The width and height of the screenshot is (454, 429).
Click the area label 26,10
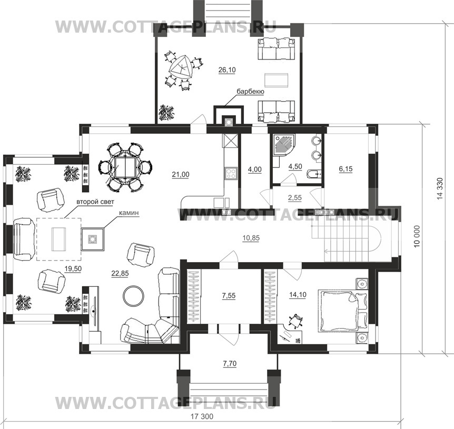(x=227, y=69)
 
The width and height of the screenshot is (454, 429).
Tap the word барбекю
(x=251, y=92)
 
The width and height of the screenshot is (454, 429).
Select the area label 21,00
(x=181, y=174)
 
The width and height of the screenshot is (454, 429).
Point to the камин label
(x=129, y=213)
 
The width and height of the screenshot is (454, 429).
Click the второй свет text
(x=95, y=202)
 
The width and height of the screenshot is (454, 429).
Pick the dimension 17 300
(x=202, y=417)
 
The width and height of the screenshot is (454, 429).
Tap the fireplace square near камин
(x=92, y=239)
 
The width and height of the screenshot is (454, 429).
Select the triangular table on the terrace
(x=180, y=67)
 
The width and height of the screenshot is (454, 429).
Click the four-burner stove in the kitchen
(x=231, y=174)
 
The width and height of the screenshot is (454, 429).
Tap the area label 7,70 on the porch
(x=230, y=363)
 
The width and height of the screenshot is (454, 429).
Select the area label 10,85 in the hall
(x=251, y=238)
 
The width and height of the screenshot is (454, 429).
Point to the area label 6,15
(x=346, y=169)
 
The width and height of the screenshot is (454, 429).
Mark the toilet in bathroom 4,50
(x=314, y=174)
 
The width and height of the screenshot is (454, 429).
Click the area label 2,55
(x=295, y=198)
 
